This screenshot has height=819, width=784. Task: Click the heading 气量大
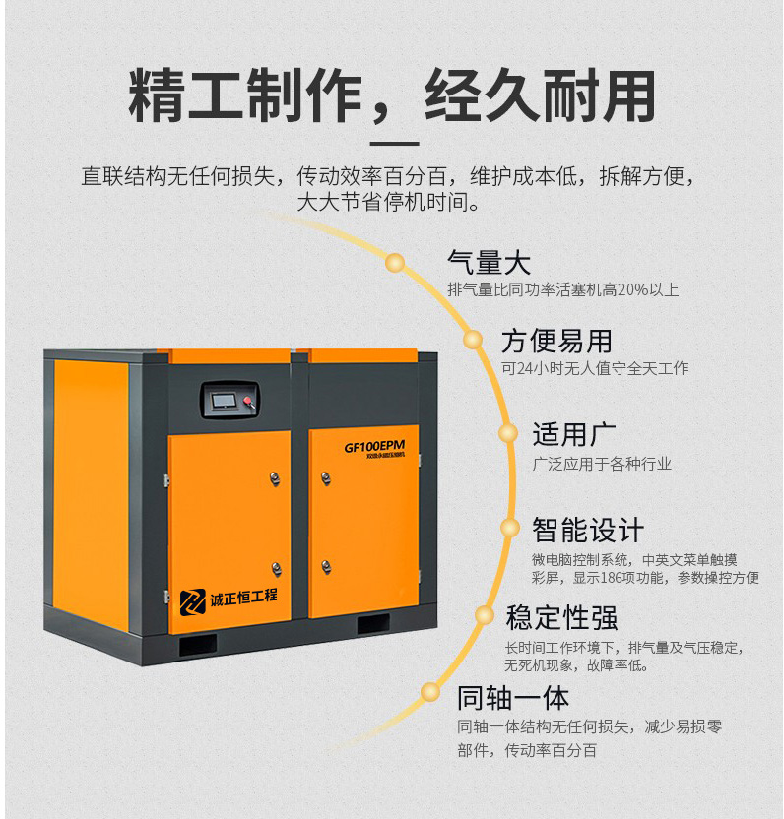point(489,262)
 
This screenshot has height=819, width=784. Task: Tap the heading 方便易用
point(556,341)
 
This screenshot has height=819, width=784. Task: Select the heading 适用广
point(574,434)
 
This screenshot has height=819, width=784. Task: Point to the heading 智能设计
point(587,530)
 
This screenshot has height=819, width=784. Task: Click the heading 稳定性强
point(561,617)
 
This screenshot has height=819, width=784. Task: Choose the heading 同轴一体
point(513,698)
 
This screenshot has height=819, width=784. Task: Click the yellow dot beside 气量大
point(396,262)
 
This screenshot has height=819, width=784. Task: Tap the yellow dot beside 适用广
point(507,433)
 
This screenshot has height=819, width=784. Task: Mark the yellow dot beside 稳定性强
point(484,615)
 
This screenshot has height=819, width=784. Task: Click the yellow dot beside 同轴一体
point(430,692)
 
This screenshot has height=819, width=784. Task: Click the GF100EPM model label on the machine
point(374,446)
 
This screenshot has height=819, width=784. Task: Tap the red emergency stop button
point(248,401)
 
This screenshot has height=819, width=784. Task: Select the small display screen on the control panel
point(224,401)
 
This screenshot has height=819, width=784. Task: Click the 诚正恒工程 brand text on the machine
point(243,598)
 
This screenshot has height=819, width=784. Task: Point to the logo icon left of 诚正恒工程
point(193,602)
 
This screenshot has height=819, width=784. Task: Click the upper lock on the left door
point(275,478)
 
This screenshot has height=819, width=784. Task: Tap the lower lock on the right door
point(326,567)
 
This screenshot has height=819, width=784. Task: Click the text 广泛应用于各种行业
point(602,464)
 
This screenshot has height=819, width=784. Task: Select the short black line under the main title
point(395,143)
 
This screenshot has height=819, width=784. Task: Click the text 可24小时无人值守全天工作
point(595,368)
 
